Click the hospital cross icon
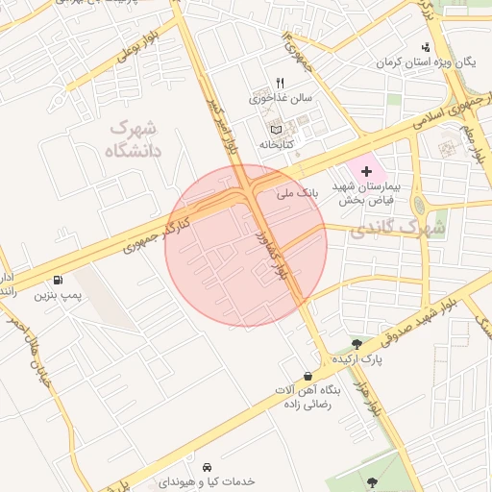(366, 170)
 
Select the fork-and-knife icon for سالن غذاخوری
(280, 83)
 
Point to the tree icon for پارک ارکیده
(357, 343)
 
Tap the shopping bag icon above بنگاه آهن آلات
(307, 376)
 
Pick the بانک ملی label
(296, 194)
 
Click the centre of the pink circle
(246, 245)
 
